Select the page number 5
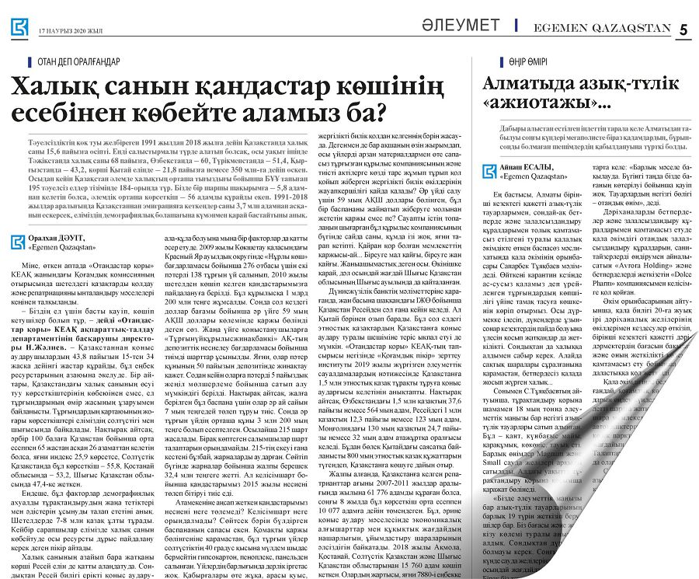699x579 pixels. [683, 30]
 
